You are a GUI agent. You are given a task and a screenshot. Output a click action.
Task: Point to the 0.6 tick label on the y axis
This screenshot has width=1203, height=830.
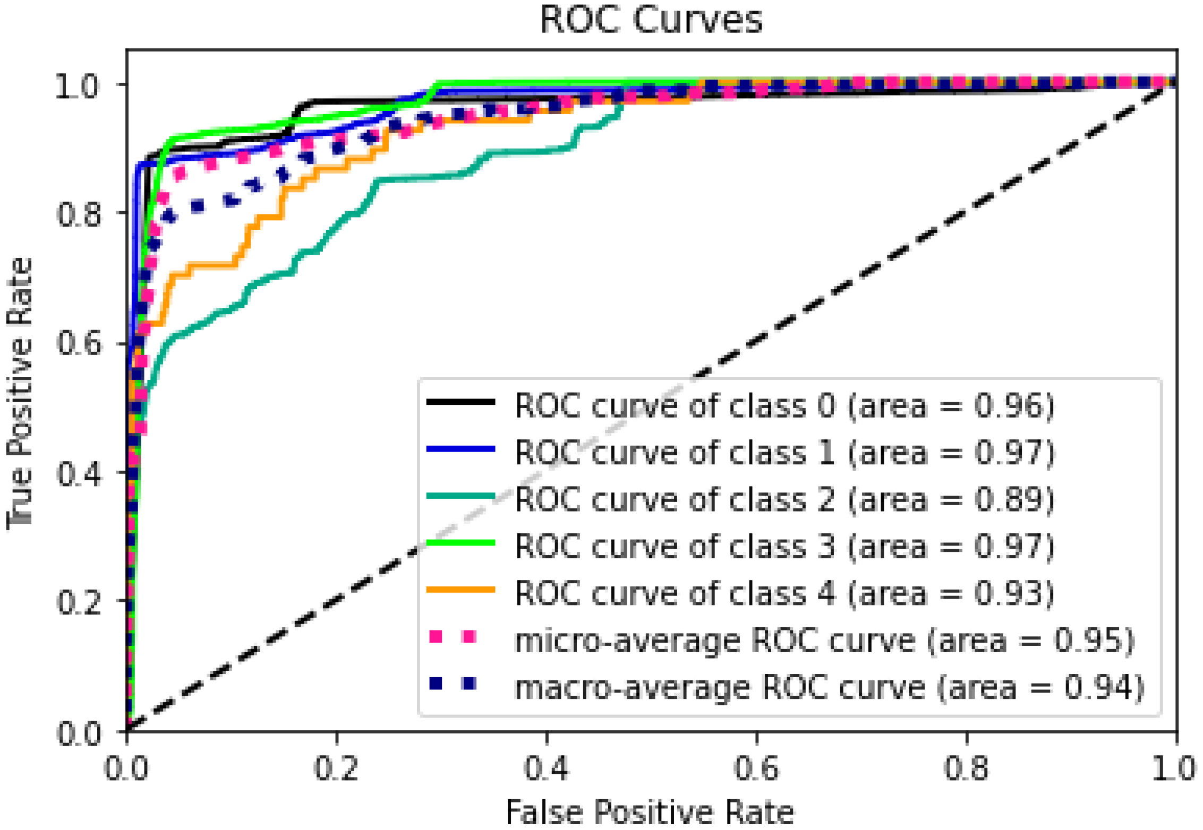(x=78, y=343)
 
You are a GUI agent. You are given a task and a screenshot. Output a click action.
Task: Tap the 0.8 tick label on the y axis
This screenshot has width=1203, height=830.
(x=78, y=214)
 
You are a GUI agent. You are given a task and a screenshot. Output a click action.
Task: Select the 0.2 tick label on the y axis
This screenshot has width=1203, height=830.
(x=78, y=602)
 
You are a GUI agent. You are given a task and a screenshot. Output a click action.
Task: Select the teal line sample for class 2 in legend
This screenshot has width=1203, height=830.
(x=460, y=497)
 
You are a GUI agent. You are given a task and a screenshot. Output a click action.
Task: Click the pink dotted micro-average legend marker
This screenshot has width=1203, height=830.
(x=453, y=636)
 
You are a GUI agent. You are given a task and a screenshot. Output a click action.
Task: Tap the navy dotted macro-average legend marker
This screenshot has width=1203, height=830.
(x=453, y=684)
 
